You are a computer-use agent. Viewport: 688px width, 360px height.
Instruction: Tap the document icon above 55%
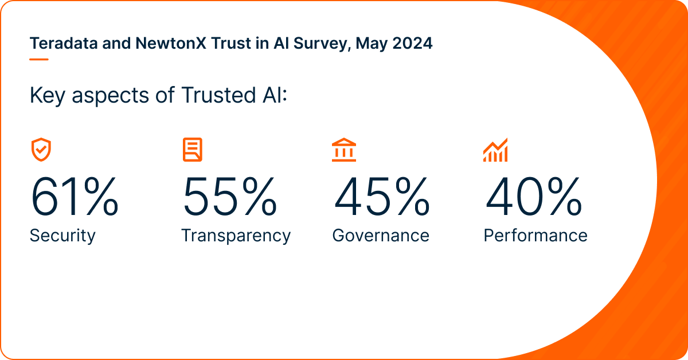[193, 149]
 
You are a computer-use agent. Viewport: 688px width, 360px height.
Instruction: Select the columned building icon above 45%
[343, 150]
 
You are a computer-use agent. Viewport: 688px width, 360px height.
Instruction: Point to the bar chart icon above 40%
[495, 150]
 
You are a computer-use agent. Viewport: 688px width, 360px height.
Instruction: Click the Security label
[62, 236]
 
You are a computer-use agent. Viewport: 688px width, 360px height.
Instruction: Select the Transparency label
[236, 236]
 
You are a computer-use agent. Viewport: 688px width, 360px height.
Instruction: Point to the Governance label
[381, 236]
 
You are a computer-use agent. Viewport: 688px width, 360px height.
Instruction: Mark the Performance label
[535, 236]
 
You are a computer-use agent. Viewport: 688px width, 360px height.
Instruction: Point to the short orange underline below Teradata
[39, 58]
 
